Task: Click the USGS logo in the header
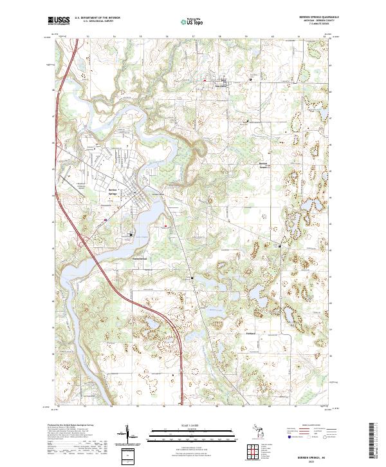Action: coord(59,21)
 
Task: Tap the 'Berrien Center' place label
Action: coord(263,164)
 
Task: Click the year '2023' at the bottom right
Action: coord(305,461)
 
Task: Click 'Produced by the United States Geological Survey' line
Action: coord(71,425)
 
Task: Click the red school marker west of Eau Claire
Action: coord(205,80)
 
